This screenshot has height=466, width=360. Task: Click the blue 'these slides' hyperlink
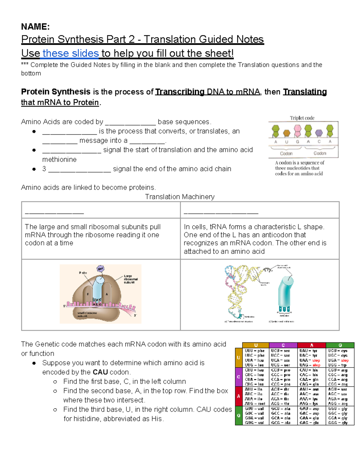tap(70, 53)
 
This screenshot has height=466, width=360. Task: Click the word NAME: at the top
tap(35, 27)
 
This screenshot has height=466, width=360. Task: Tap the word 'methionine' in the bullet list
tap(59, 159)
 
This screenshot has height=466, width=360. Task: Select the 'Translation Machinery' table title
tap(180, 197)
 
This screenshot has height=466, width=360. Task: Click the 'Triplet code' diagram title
tap(302, 118)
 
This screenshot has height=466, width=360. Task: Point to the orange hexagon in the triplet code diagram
tap(287, 133)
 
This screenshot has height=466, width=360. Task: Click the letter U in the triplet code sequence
tap(286, 142)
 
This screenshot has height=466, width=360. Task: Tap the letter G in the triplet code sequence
tap(297, 142)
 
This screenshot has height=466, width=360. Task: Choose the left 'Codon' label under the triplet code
tap(286, 153)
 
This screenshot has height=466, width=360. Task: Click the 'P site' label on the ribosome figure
tap(83, 273)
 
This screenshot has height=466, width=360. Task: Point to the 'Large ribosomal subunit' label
tap(130, 279)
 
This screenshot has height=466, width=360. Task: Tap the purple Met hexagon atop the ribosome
tap(100, 269)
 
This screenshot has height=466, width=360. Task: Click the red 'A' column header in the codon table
tap(312, 345)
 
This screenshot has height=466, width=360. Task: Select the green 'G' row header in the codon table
tap(238, 416)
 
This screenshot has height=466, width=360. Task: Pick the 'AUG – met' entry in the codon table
tap(255, 404)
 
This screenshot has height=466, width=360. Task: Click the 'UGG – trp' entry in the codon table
tap(337, 365)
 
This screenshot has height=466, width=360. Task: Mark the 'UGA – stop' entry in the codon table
tap(338, 360)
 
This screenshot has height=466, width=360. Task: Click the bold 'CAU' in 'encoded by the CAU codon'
tap(100, 372)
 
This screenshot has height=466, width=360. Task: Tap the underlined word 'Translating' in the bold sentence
tap(305, 92)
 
